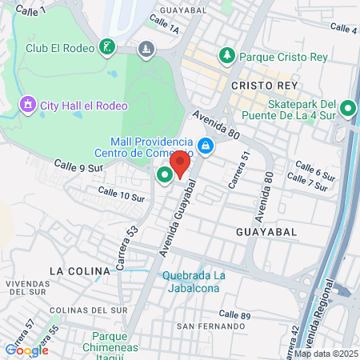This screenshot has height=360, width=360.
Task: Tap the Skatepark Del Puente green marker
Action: click(x=348, y=109)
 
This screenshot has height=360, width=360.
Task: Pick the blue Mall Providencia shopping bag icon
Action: click(x=206, y=146)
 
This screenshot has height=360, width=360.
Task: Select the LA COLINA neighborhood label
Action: click(x=79, y=271)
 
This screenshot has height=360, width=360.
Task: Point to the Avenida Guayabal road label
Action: click(x=178, y=218)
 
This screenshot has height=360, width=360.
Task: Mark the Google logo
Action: click(x=26, y=350)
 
